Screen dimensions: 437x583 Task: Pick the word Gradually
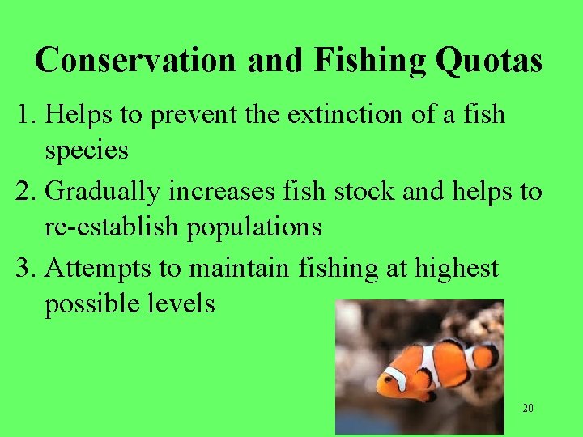click(104, 192)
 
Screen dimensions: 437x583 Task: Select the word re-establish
click(113, 227)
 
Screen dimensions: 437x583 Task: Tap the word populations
click(254, 228)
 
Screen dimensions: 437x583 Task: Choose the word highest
click(457, 268)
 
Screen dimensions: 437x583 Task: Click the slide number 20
click(527, 408)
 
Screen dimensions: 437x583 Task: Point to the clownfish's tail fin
click(485, 355)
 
